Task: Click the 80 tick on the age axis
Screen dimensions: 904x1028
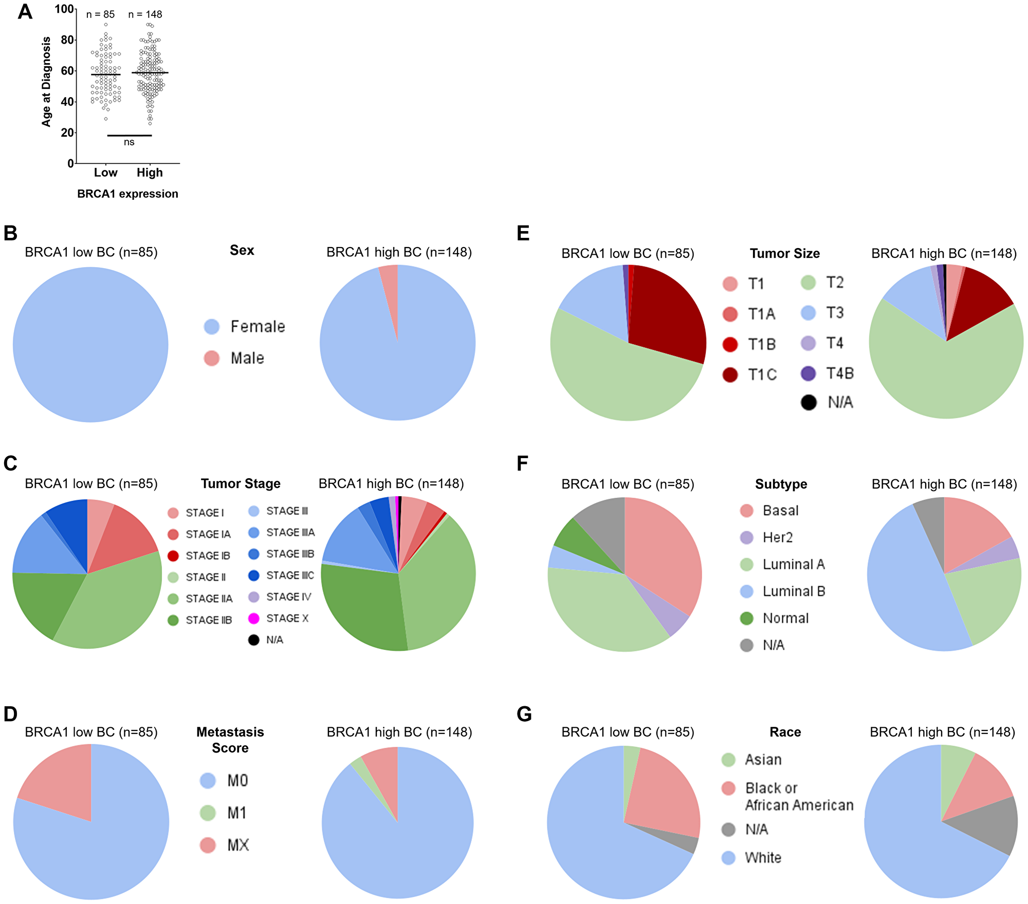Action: coord(67,40)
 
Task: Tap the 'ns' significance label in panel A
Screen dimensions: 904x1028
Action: coord(129,142)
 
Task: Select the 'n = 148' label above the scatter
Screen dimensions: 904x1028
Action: coord(145,14)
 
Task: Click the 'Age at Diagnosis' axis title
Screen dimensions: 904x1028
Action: coord(47,82)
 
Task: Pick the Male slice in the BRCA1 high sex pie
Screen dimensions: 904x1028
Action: coord(390,288)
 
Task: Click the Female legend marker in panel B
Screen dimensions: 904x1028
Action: coord(212,327)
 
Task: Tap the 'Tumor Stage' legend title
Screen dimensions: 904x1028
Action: coord(241,484)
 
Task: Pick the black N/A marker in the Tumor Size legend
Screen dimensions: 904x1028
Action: coord(809,402)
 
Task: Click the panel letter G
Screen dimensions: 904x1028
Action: coord(524,714)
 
